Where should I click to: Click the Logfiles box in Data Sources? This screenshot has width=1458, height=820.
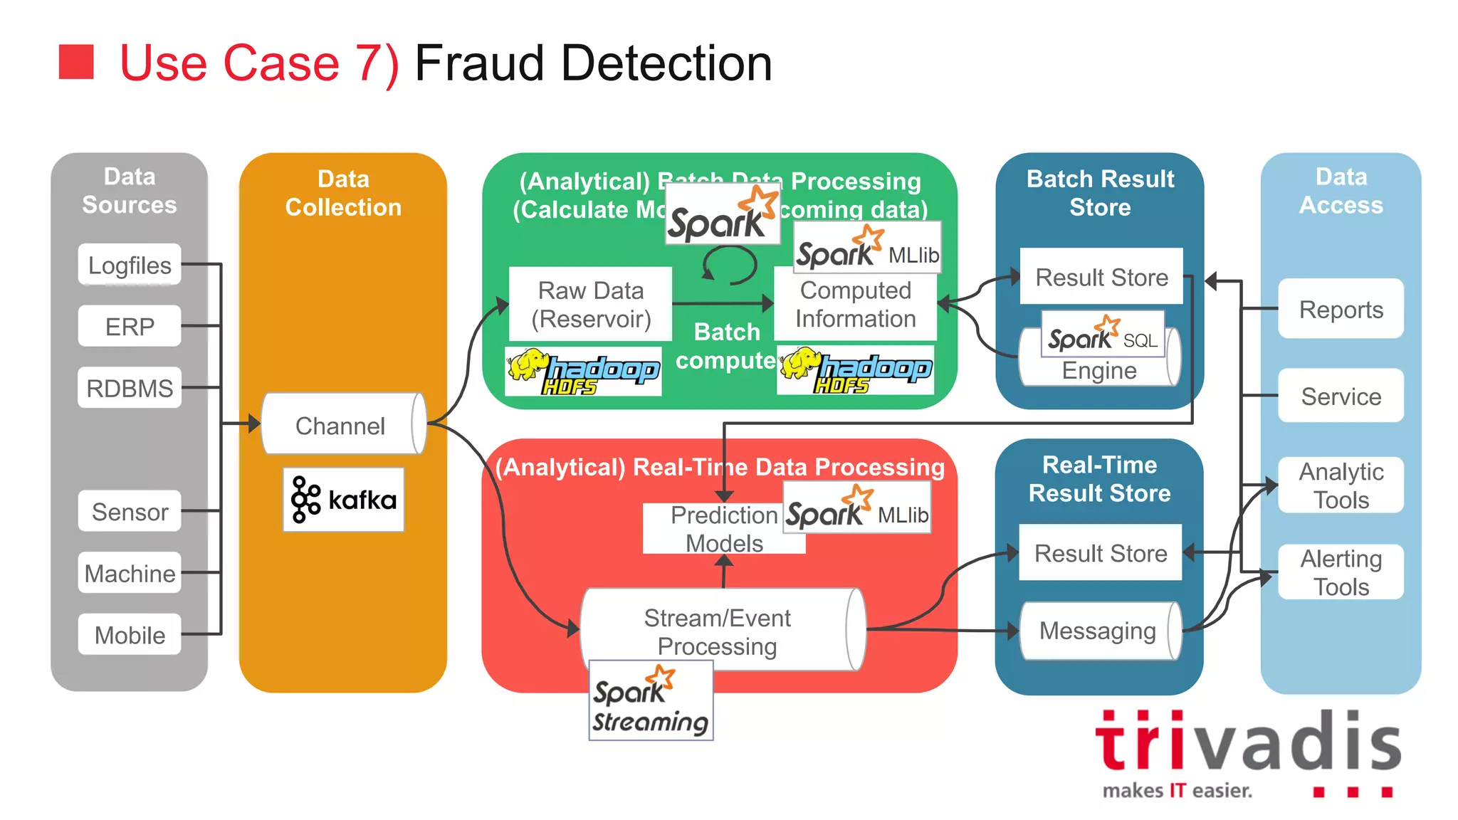[129, 265]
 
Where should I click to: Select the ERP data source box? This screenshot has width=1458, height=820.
[129, 326]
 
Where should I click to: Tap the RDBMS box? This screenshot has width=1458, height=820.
[129, 388]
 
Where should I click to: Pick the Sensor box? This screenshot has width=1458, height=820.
[129, 511]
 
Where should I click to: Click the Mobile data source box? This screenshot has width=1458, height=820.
[129, 634]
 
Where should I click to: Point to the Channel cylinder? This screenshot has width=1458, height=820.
[341, 425]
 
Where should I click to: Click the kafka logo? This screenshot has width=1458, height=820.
[344, 500]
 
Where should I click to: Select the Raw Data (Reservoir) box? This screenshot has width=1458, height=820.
[590, 304]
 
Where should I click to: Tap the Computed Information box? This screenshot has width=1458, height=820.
[855, 305]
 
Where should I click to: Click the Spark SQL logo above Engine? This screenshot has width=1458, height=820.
[1102, 335]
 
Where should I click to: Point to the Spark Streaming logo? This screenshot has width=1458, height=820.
[650, 700]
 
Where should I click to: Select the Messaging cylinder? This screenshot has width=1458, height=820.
[1098, 631]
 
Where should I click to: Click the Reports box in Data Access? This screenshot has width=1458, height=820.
[1341, 309]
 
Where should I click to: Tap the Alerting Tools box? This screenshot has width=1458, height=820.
[1341, 572]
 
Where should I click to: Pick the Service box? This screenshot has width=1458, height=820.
[1341, 396]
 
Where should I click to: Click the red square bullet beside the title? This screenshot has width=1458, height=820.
[76, 62]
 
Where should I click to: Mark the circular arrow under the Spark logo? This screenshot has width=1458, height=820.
[730, 266]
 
